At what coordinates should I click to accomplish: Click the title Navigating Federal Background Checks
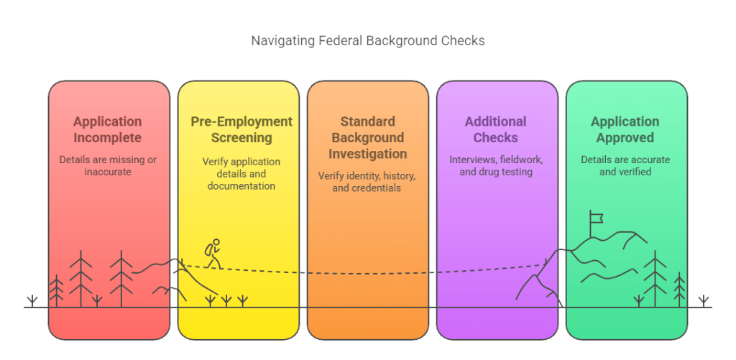(x=367, y=40)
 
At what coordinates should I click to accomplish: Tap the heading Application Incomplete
(x=107, y=129)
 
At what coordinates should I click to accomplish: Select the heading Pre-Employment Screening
(x=241, y=129)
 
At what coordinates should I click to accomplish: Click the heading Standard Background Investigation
(x=367, y=137)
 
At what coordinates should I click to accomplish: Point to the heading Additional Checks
(x=495, y=129)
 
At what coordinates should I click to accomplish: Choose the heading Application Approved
(x=625, y=129)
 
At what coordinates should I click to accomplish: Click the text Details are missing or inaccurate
(x=107, y=165)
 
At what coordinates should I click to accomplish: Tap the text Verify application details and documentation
(x=241, y=173)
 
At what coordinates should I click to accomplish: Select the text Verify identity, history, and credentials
(x=367, y=182)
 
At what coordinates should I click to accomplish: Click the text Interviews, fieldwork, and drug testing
(x=495, y=165)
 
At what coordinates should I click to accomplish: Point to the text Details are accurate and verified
(x=625, y=165)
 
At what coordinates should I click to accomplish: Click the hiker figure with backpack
(x=212, y=254)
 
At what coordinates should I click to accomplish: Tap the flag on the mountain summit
(x=597, y=217)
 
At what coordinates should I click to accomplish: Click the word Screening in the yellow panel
(x=241, y=137)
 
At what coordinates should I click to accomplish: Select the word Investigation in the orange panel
(x=367, y=154)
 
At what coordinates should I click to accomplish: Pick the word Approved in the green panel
(x=625, y=137)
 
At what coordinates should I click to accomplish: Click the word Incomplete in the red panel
(x=107, y=137)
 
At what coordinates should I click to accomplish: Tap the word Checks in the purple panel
(x=495, y=137)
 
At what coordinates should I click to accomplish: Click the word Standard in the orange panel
(x=367, y=121)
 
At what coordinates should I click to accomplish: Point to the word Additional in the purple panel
(x=495, y=121)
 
